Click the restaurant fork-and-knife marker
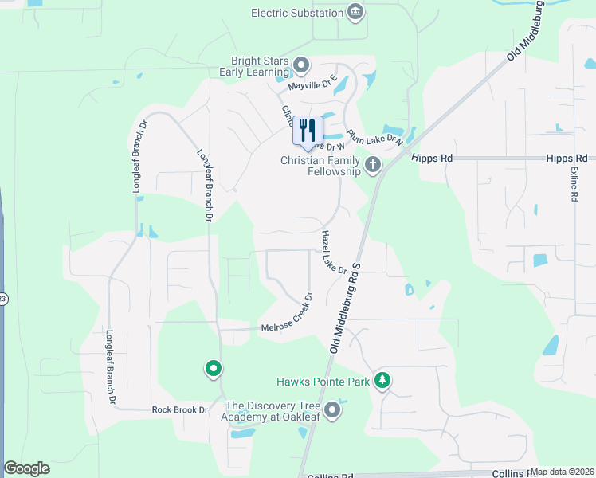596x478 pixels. [308, 131]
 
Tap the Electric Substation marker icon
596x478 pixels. [355, 12]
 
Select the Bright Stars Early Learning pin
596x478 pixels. [301, 65]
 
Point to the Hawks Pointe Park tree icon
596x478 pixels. [383, 381]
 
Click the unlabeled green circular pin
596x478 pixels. [213, 369]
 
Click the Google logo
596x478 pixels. [26, 468]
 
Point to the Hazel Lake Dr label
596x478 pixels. [334, 253]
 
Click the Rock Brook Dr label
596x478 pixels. [180, 410]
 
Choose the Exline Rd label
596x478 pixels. [574, 183]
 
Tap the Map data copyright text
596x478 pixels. [562, 472]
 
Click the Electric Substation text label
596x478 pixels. [296, 13]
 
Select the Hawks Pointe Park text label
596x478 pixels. [323, 382]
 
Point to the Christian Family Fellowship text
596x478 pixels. [321, 165]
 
